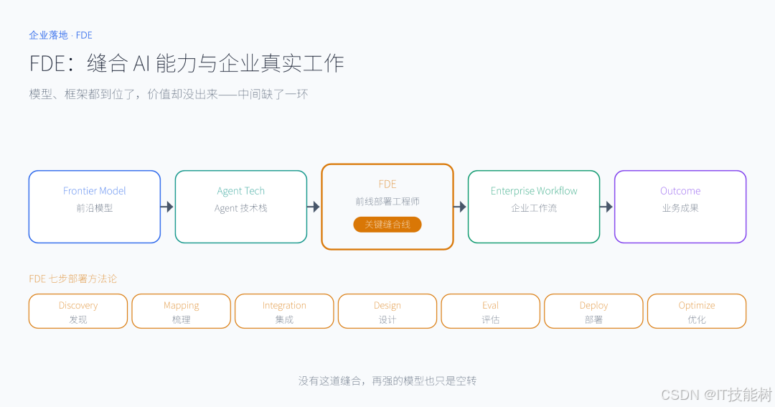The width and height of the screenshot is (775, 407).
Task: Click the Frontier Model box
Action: [95, 207]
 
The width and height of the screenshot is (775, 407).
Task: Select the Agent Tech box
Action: [241, 207]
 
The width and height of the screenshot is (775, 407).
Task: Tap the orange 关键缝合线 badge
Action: [387, 225]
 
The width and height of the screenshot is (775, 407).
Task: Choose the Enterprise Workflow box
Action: [534, 207]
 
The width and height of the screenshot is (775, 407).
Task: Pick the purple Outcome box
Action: [680, 207]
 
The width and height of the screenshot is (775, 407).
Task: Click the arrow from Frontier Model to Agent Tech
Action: [167, 207]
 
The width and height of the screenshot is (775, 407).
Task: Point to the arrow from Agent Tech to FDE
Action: [314, 207]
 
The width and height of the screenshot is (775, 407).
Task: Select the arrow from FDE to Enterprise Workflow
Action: [460, 207]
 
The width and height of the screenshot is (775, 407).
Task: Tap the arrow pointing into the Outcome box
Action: [606, 207]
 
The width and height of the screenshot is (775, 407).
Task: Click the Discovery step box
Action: [78, 312]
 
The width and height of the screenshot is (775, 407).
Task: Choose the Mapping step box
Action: [182, 312]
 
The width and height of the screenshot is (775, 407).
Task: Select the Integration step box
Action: [284, 312]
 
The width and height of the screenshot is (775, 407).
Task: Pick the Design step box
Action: [387, 312]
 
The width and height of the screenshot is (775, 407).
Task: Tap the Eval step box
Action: [490, 312]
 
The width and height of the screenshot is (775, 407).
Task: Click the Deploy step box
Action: [593, 312]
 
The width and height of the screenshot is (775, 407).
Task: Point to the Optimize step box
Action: [697, 312]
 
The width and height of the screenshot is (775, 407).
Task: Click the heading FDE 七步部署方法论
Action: [72, 279]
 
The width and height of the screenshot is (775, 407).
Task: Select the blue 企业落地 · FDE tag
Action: [60, 35]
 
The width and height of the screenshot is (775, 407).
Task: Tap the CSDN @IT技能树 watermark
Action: [716, 395]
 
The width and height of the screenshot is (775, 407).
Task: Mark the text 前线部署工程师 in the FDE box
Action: [387, 201]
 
